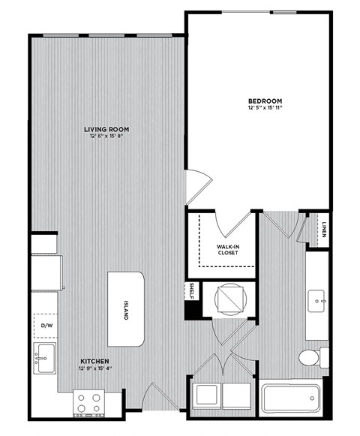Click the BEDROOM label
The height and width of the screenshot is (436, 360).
(x=265, y=101)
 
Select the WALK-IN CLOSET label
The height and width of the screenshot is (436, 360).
(x=228, y=249)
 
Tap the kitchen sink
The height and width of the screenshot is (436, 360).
(x=45, y=358)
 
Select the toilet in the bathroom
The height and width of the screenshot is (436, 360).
(x=312, y=356)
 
